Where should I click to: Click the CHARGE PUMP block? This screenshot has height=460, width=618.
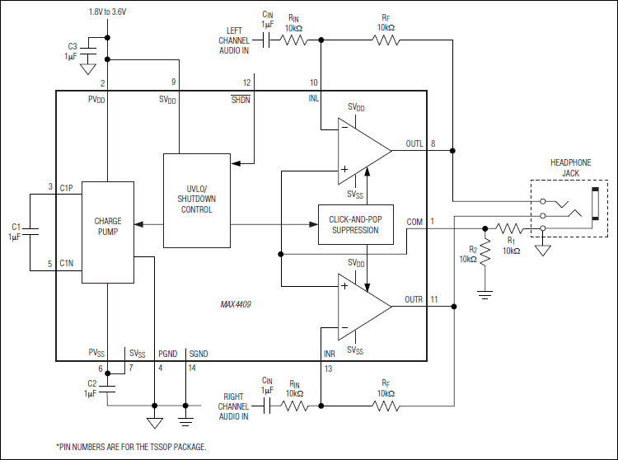(x=108, y=228)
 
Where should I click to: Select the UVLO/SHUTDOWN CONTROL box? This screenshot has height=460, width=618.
(x=196, y=200)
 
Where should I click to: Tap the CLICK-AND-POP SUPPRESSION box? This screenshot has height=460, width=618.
(x=356, y=224)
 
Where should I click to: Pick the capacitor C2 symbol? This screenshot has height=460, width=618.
(x=107, y=387)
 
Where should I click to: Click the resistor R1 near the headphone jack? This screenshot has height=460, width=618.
(x=509, y=229)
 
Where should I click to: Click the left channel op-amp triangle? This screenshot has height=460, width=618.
(x=363, y=150)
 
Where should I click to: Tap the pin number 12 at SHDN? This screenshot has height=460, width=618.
(x=246, y=82)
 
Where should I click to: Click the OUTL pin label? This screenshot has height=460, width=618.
(x=414, y=143)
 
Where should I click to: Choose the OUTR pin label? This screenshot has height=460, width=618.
(x=414, y=298)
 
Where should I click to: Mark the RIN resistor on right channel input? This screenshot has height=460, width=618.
(x=294, y=406)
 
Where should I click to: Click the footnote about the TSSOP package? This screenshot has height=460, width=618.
(x=131, y=446)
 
